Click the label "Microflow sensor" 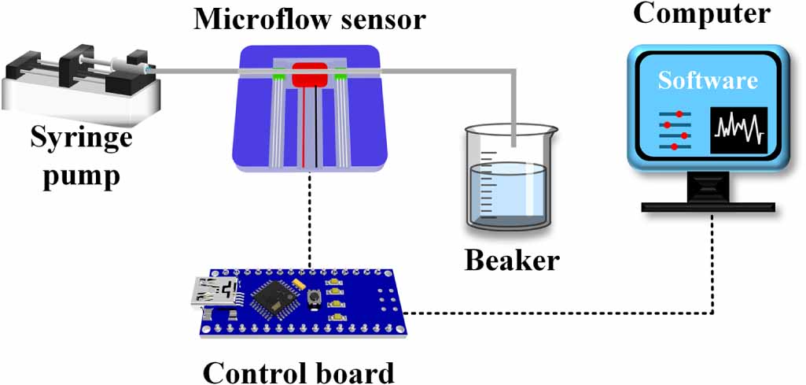pyautogui.click(x=309, y=20)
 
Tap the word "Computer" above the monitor pyautogui.click(x=701, y=14)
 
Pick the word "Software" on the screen pyautogui.click(x=708, y=81)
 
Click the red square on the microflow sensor pyautogui.click(x=310, y=75)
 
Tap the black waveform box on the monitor pyautogui.click(x=738, y=130)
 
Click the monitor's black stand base pyautogui.click(x=708, y=207)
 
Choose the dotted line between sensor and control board pyautogui.click(x=310, y=220)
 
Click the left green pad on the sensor pyautogui.click(x=278, y=77)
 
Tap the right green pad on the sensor pyautogui.click(x=340, y=77)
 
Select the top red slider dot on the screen pyautogui.click(x=679, y=113)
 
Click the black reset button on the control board pyautogui.click(x=312, y=298)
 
